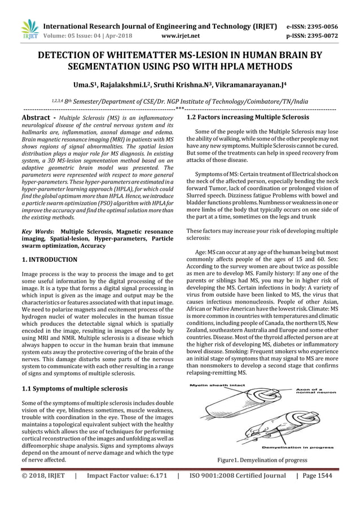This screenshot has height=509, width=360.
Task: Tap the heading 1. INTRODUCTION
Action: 49,260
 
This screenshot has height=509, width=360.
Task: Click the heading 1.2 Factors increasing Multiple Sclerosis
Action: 248,117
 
